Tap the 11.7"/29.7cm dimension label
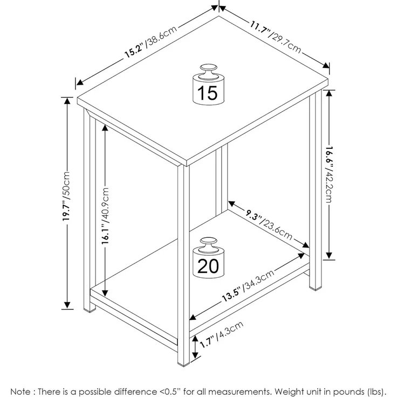[276, 37]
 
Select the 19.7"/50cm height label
[66, 196]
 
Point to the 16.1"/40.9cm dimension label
[105, 216]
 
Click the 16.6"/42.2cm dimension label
[329, 175]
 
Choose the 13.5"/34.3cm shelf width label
[248, 285]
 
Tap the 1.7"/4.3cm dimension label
[222, 334]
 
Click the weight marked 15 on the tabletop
[208, 85]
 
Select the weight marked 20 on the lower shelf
[208, 258]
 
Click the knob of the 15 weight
[208, 70]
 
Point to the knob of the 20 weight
[208, 243]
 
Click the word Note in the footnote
[20, 392]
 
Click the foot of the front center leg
[183, 364]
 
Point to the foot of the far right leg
[316, 288]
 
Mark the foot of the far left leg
[90, 310]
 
